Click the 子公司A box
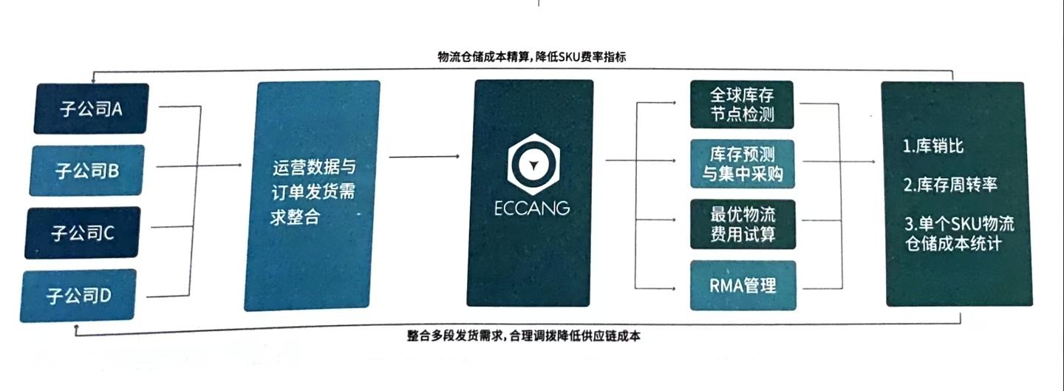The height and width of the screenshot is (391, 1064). tap(91, 109)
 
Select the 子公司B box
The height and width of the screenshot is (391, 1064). tap(87, 171)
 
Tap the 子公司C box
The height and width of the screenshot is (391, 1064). tap(82, 233)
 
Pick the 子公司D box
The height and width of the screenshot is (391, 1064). tap(78, 296)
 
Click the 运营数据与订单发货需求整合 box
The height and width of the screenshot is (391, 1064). tap(313, 195)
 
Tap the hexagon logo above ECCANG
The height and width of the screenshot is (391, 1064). tap(532, 163)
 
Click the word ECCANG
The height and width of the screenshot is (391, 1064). tap(532, 208)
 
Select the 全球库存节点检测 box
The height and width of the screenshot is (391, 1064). tap(741, 105)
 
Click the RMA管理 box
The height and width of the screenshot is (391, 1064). tap(743, 285)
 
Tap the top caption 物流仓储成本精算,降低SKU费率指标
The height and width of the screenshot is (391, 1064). tap(531, 57)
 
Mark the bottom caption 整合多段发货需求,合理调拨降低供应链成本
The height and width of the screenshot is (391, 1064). tap(524, 336)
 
